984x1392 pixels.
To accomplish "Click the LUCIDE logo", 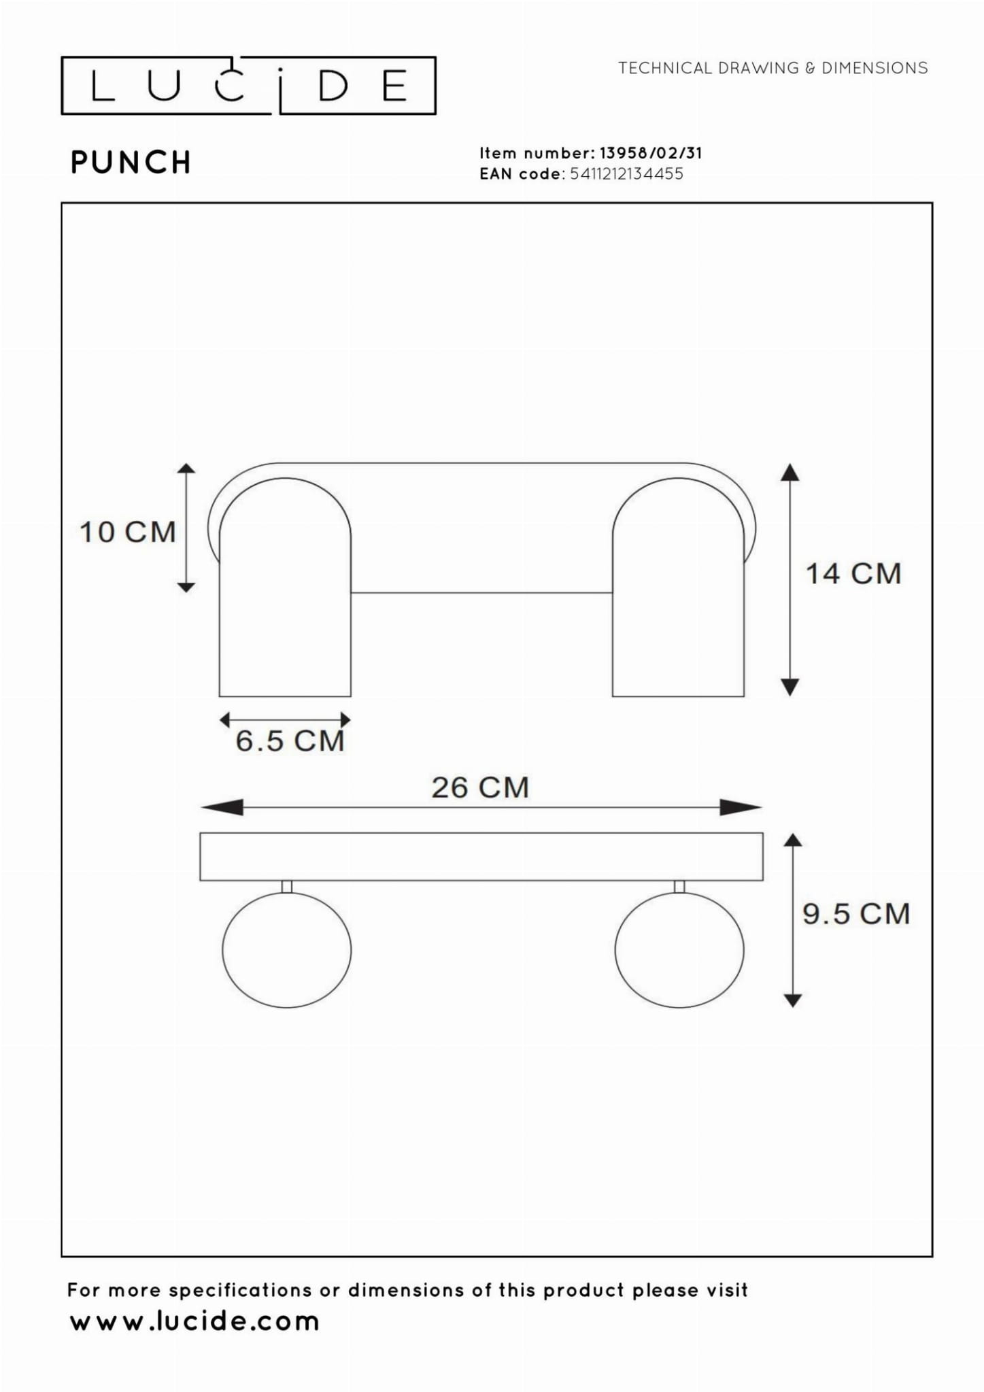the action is (x=248, y=86).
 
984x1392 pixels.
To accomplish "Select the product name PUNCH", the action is (x=131, y=163).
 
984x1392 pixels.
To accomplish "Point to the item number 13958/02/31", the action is (x=650, y=153).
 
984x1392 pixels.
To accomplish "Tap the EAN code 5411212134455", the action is (x=626, y=173).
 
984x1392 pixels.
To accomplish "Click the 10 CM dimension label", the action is (x=128, y=532).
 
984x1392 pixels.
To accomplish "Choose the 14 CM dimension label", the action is (x=853, y=573).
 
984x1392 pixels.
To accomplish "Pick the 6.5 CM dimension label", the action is (x=290, y=741).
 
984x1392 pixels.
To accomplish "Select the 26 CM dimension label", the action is (x=480, y=787).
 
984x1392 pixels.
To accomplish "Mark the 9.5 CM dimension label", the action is (x=856, y=913).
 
